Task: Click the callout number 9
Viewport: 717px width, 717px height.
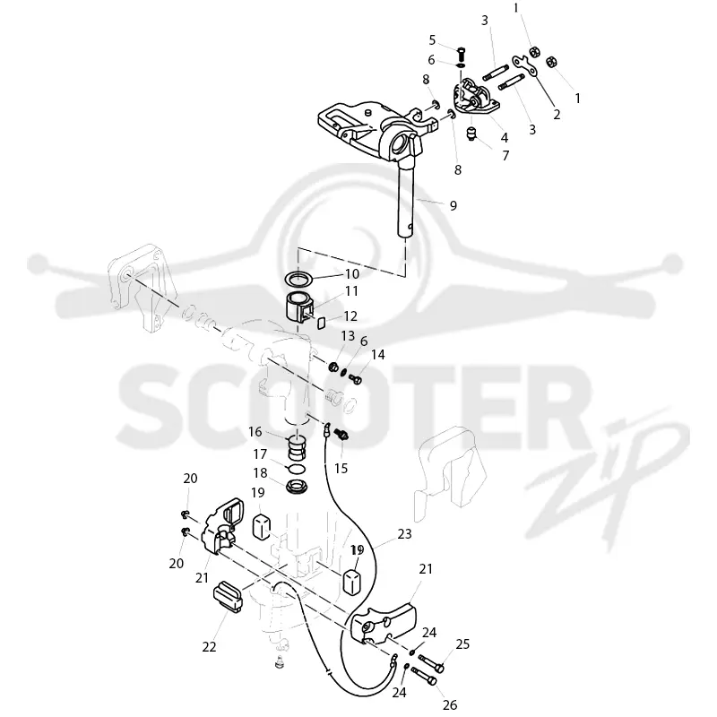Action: [x=453, y=206]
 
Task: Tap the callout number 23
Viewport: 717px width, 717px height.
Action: [x=405, y=533]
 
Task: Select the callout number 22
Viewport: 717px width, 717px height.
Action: [x=209, y=647]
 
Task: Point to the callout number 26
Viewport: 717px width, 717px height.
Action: [x=450, y=704]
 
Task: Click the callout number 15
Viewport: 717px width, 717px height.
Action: [x=341, y=468]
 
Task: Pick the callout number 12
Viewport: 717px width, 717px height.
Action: [x=350, y=316]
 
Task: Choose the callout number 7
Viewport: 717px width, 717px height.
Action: [x=505, y=156]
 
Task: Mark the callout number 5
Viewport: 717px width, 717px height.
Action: [x=432, y=40]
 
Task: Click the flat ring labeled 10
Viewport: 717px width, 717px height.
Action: [x=298, y=277]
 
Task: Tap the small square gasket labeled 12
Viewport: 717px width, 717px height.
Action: [x=321, y=324]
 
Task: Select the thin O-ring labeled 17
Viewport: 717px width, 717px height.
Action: [x=298, y=469]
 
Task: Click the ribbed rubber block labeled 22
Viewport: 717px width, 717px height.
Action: [x=228, y=596]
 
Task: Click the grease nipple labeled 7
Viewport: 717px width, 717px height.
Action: [x=471, y=134]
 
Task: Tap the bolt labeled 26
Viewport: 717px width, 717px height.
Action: [x=424, y=676]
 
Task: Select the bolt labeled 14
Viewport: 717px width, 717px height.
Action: [x=355, y=379]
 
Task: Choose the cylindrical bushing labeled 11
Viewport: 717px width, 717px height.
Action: [x=298, y=305]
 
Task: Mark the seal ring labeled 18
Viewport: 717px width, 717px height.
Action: [x=298, y=486]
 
